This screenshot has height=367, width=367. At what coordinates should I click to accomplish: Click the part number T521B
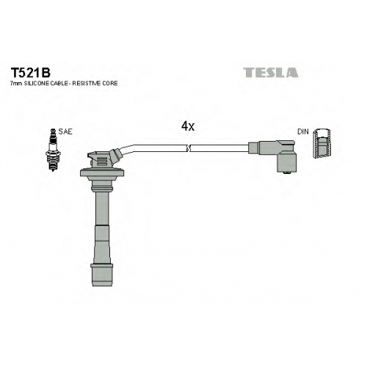click(x=30, y=73)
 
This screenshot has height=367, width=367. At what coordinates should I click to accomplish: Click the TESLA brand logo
click(x=271, y=73)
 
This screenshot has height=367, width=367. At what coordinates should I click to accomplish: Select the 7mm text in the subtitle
click(x=16, y=84)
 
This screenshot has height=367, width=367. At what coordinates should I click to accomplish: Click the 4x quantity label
click(x=188, y=126)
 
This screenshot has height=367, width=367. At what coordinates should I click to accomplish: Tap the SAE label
click(x=65, y=132)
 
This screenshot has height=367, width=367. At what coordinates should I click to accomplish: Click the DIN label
click(x=303, y=132)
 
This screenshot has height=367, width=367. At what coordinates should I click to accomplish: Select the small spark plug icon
click(x=53, y=150)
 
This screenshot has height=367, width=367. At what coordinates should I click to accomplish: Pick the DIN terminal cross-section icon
click(x=322, y=143)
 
